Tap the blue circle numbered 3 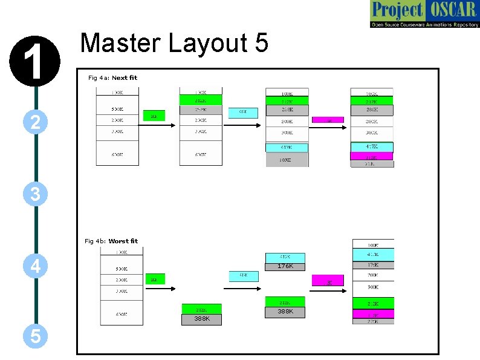click(x=36, y=194)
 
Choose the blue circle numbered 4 click(x=36, y=265)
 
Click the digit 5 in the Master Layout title click(x=261, y=44)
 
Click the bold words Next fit click(x=125, y=77)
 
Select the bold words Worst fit click(x=123, y=241)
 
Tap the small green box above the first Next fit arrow click(x=154, y=116)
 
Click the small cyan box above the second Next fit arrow click(x=242, y=113)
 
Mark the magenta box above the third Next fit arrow click(x=328, y=120)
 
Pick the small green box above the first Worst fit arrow click(x=155, y=279)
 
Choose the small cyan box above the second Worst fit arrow click(x=243, y=276)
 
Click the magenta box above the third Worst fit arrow click(x=328, y=281)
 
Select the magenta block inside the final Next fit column click(x=372, y=156)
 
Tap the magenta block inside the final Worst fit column click(x=373, y=314)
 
